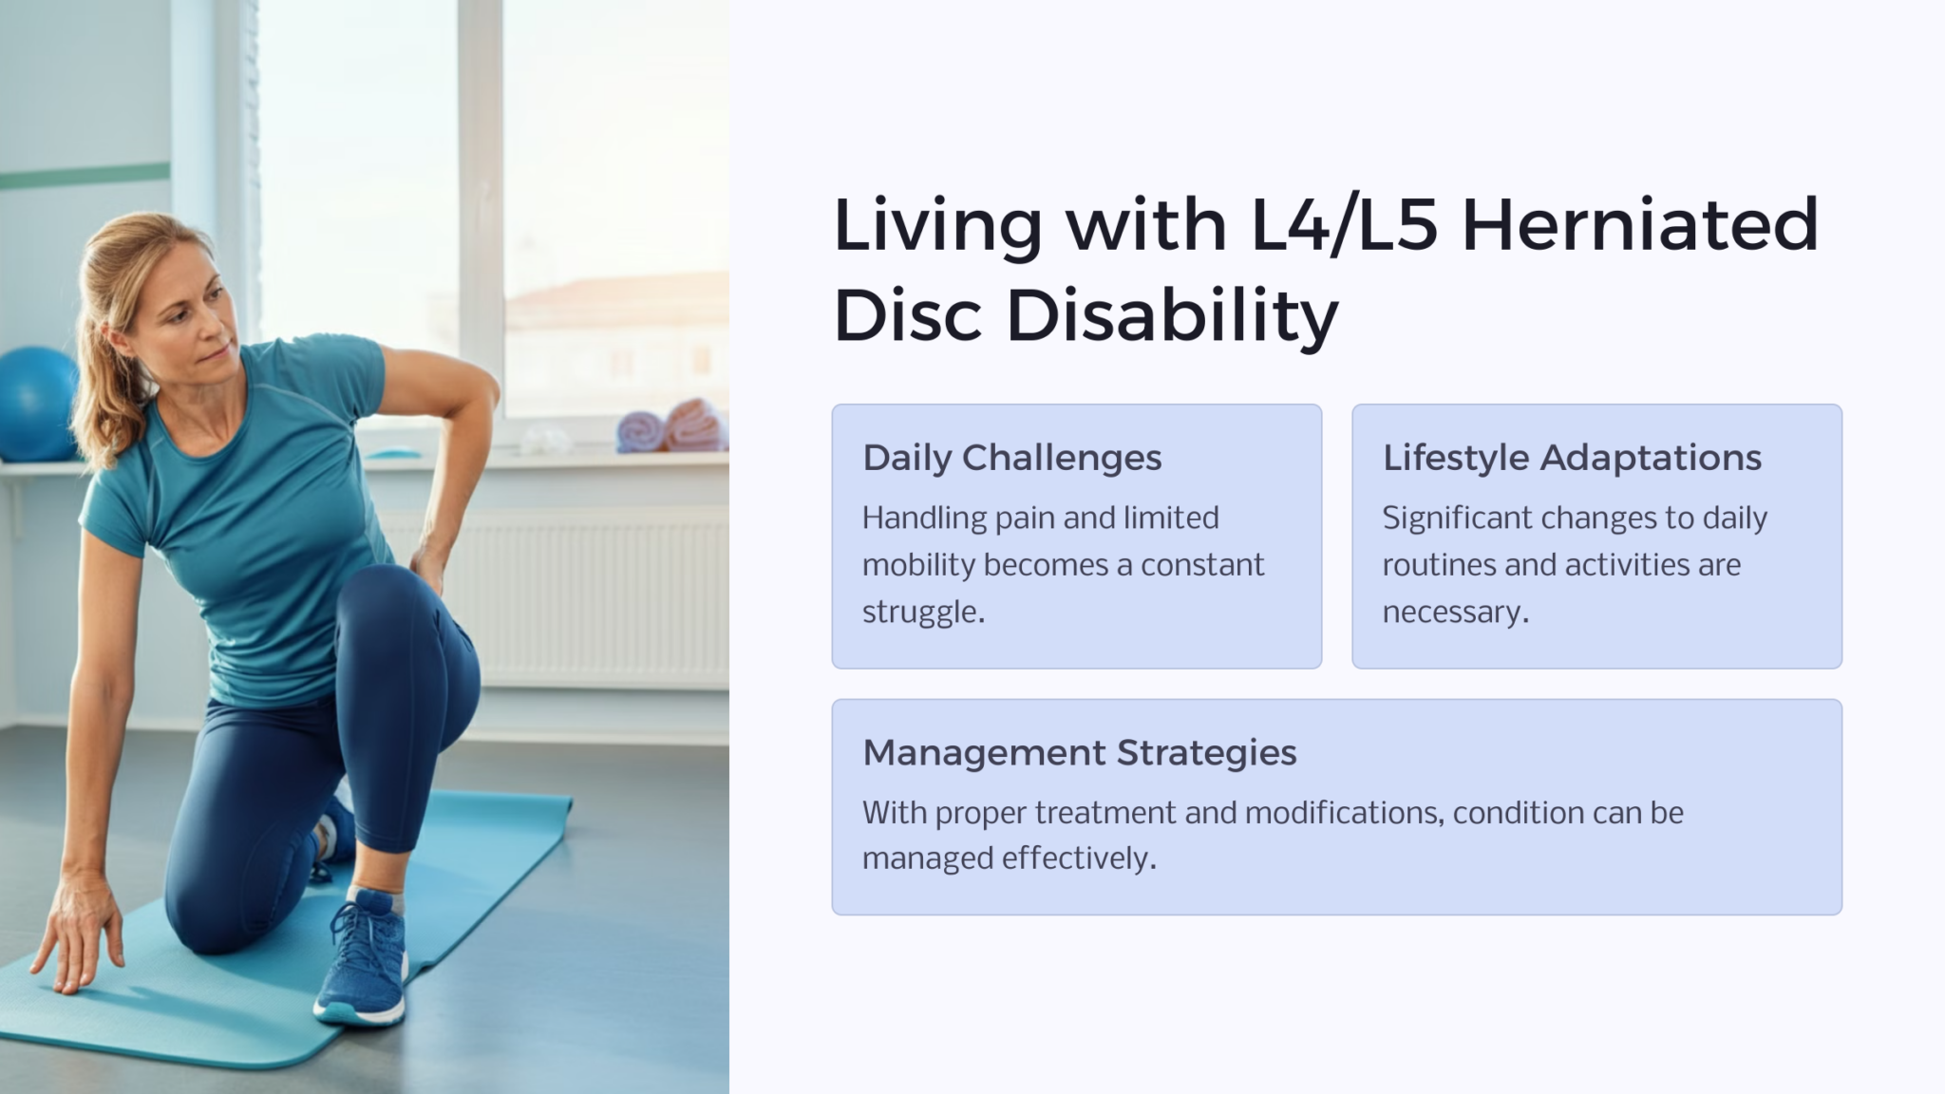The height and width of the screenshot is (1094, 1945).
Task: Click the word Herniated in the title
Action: [x=1639, y=225]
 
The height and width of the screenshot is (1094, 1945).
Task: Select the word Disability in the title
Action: [x=1172, y=315]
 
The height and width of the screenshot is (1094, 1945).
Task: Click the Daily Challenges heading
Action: [x=1011, y=458]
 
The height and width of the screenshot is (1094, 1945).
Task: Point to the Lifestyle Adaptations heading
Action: [x=1572, y=458]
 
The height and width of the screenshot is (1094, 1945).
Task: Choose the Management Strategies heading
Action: [x=1079, y=753]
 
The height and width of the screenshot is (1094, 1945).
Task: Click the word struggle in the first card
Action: [x=922, y=612]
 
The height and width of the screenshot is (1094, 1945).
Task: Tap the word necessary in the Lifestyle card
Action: [x=1454, y=612]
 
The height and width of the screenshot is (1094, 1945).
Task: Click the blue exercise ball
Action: [x=36, y=404]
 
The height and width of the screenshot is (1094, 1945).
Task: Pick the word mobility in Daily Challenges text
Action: [x=918, y=565]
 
